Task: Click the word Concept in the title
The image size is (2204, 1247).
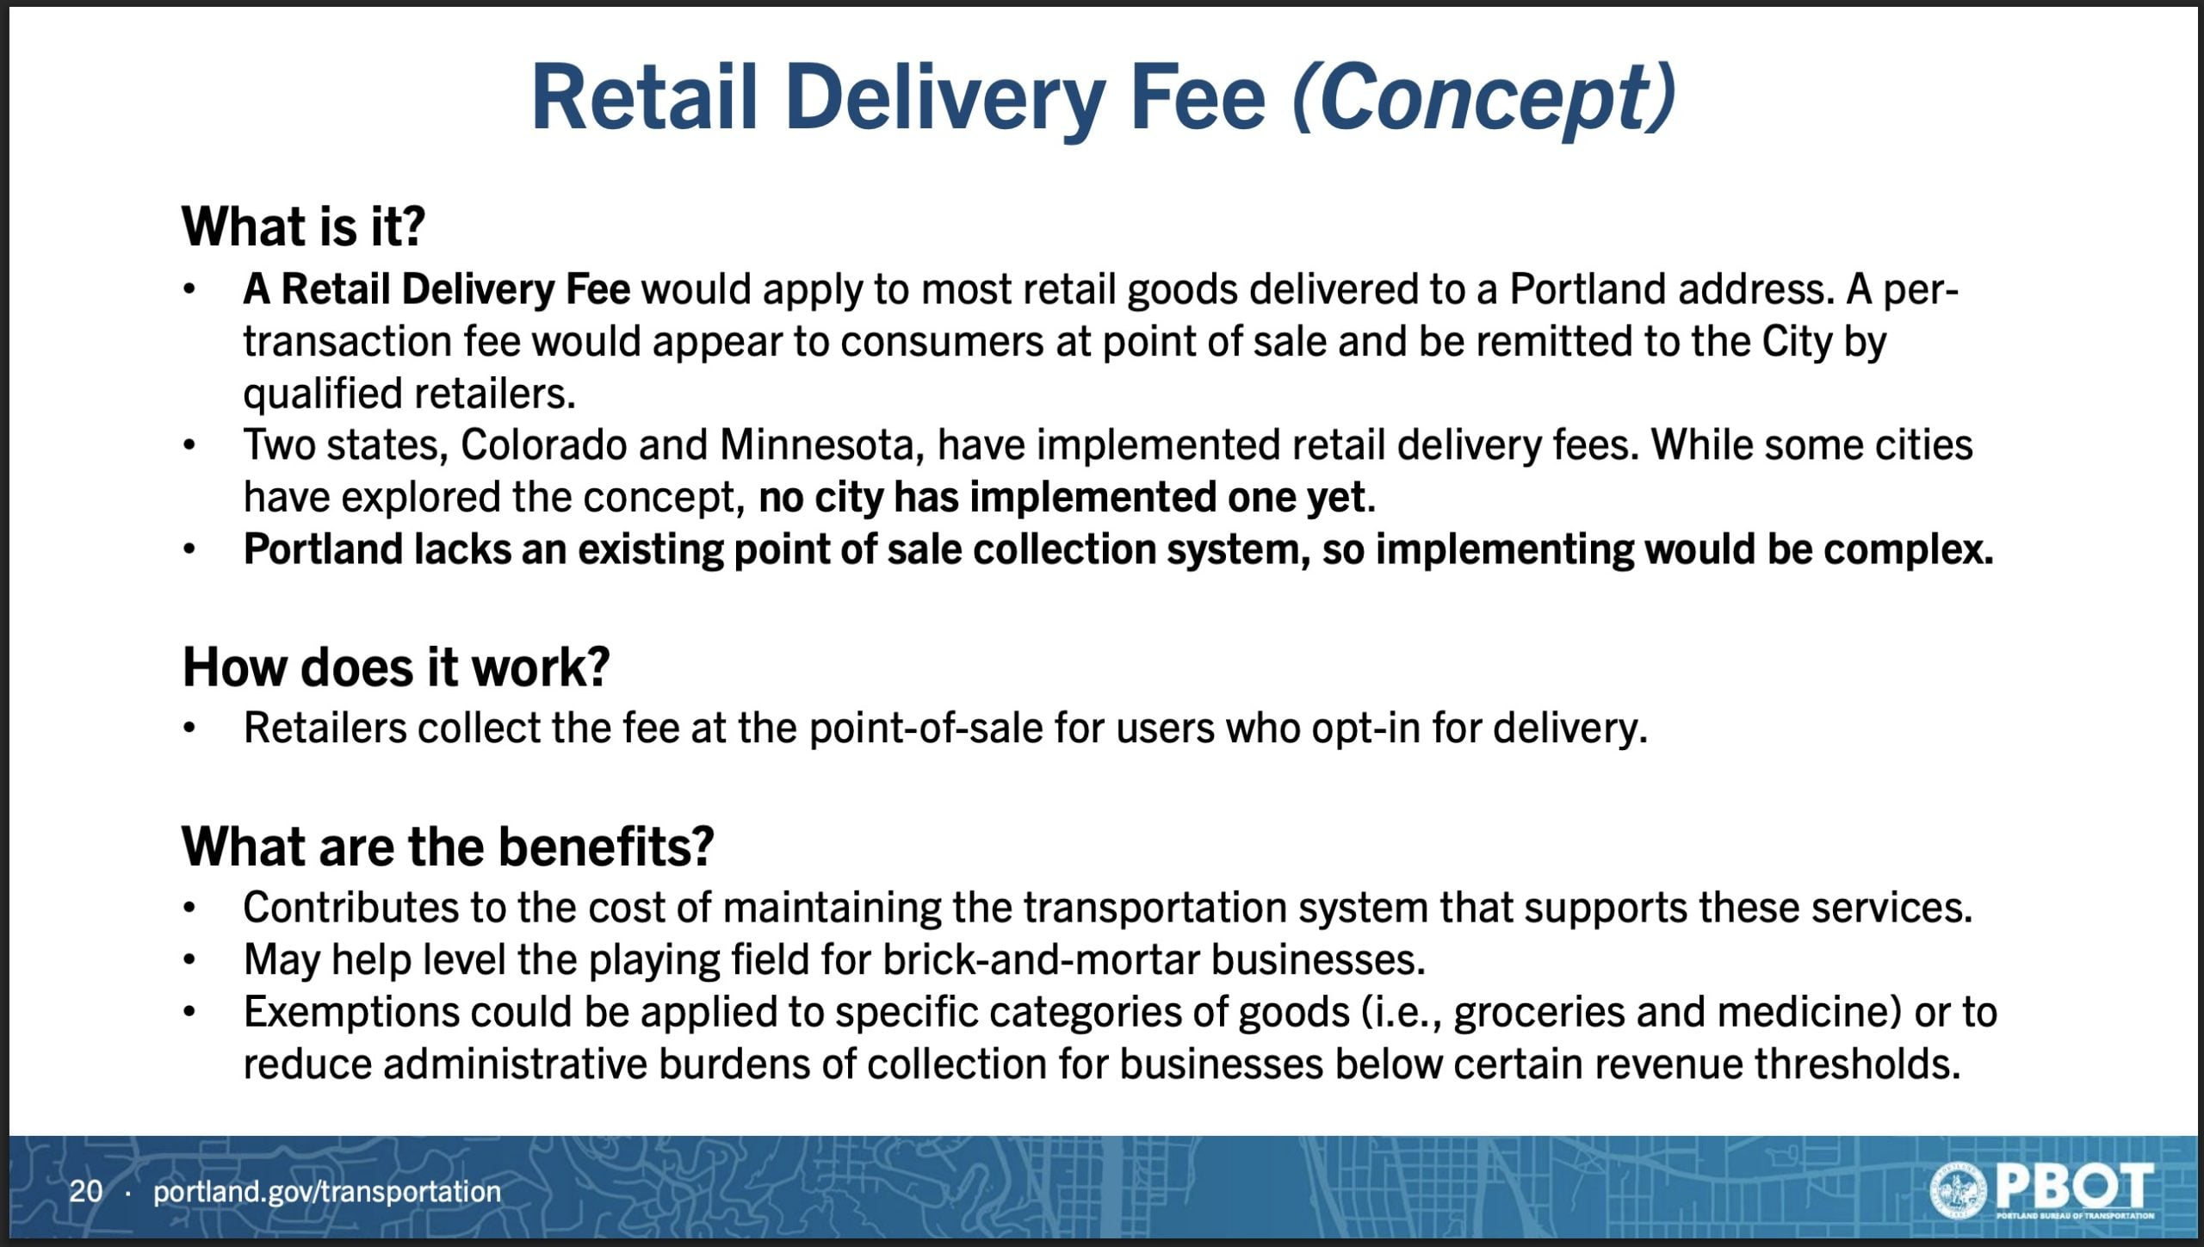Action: pyautogui.click(x=1486, y=98)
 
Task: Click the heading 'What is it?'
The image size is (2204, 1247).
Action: pyautogui.click(x=303, y=226)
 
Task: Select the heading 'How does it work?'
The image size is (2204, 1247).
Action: pyautogui.click(x=396, y=667)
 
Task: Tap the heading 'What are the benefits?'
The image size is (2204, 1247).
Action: pyautogui.click(x=448, y=846)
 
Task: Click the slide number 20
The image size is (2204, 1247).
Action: pyautogui.click(x=86, y=1191)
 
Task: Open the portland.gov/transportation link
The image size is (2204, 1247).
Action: pyautogui.click(x=327, y=1192)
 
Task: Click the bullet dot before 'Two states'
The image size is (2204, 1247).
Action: pyautogui.click(x=189, y=446)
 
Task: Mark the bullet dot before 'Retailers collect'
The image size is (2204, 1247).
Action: pyautogui.click(x=189, y=729)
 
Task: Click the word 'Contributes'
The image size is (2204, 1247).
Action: pyautogui.click(x=351, y=908)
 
